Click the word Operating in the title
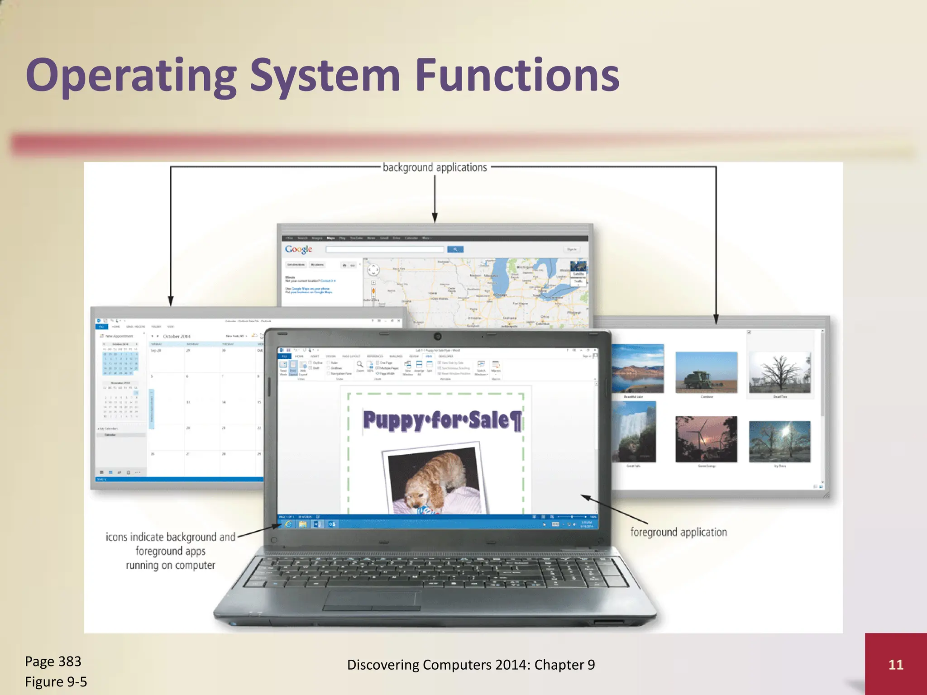[x=131, y=76]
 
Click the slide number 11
[x=895, y=664]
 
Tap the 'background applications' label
[x=435, y=167]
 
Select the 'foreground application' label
[x=678, y=532]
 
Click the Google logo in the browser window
[x=298, y=249]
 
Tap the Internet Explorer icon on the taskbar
[x=288, y=524]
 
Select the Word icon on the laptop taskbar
[x=317, y=524]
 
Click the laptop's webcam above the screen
[x=437, y=336]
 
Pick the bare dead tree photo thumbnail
[x=779, y=372]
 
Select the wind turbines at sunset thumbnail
[x=706, y=439]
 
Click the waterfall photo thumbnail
[x=634, y=432]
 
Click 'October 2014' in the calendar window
[x=177, y=336]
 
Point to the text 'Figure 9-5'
[x=56, y=681]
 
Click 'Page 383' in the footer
[x=53, y=661]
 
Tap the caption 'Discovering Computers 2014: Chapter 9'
[x=471, y=664]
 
